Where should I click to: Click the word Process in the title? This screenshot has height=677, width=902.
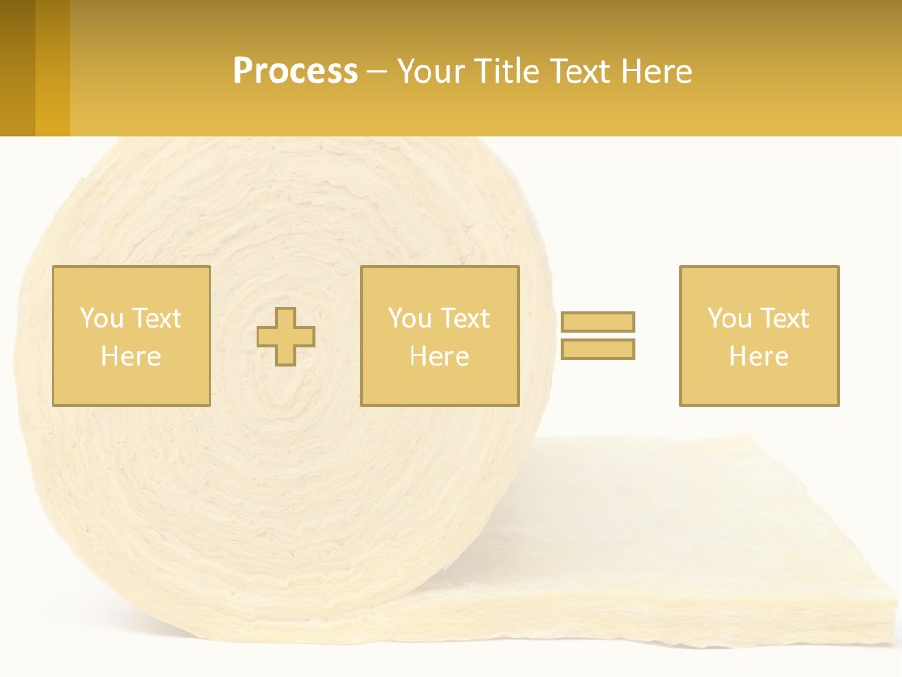pos(295,71)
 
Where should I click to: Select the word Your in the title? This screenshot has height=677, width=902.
pos(431,71)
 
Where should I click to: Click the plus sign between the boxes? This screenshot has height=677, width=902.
pos(287,337)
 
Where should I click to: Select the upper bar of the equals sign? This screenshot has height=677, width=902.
pos(598,322)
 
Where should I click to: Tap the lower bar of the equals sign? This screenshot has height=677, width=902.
pos(598,350)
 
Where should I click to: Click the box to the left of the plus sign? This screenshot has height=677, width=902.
pos(132,336)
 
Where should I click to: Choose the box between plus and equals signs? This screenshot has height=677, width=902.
pos(440,336)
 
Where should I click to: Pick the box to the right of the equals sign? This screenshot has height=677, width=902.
pos(759,336)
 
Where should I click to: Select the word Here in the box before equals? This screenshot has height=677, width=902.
pos(440,356)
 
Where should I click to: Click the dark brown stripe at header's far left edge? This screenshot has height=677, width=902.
pos(17,68)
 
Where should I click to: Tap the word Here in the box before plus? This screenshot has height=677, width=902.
pos(132,356)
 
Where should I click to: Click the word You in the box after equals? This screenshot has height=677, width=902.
pos(729,319)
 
